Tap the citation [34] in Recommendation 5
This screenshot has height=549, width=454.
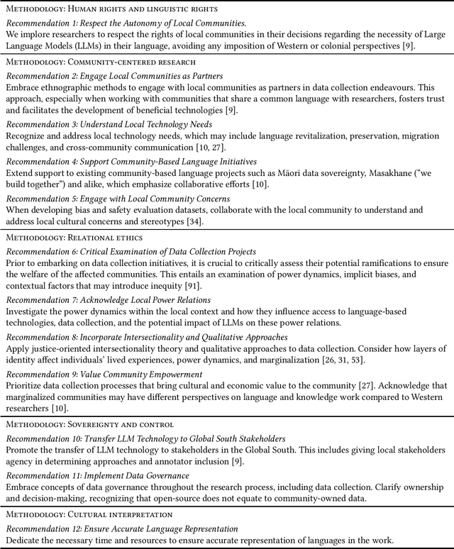click(x=194, y=222)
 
